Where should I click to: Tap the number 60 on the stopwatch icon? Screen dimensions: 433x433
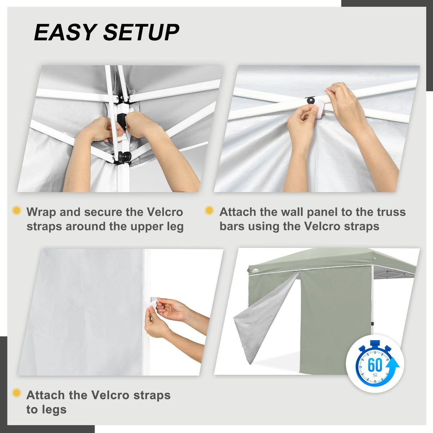click(x=375, y=365)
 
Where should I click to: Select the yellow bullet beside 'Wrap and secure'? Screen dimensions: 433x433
click(x=16, y=210)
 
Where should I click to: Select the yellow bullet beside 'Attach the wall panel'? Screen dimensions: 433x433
click(x=209, y=210)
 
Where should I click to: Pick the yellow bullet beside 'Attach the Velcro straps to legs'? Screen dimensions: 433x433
click(x=16, y=393)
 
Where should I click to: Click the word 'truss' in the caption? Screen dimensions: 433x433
click(x=391, y=212)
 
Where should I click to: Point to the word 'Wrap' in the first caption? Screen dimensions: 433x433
click(x=41, y=212)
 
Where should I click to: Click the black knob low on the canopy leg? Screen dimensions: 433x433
click(x=124, y=157)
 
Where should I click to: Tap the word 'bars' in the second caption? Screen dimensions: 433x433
click(x=232, y=226)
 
